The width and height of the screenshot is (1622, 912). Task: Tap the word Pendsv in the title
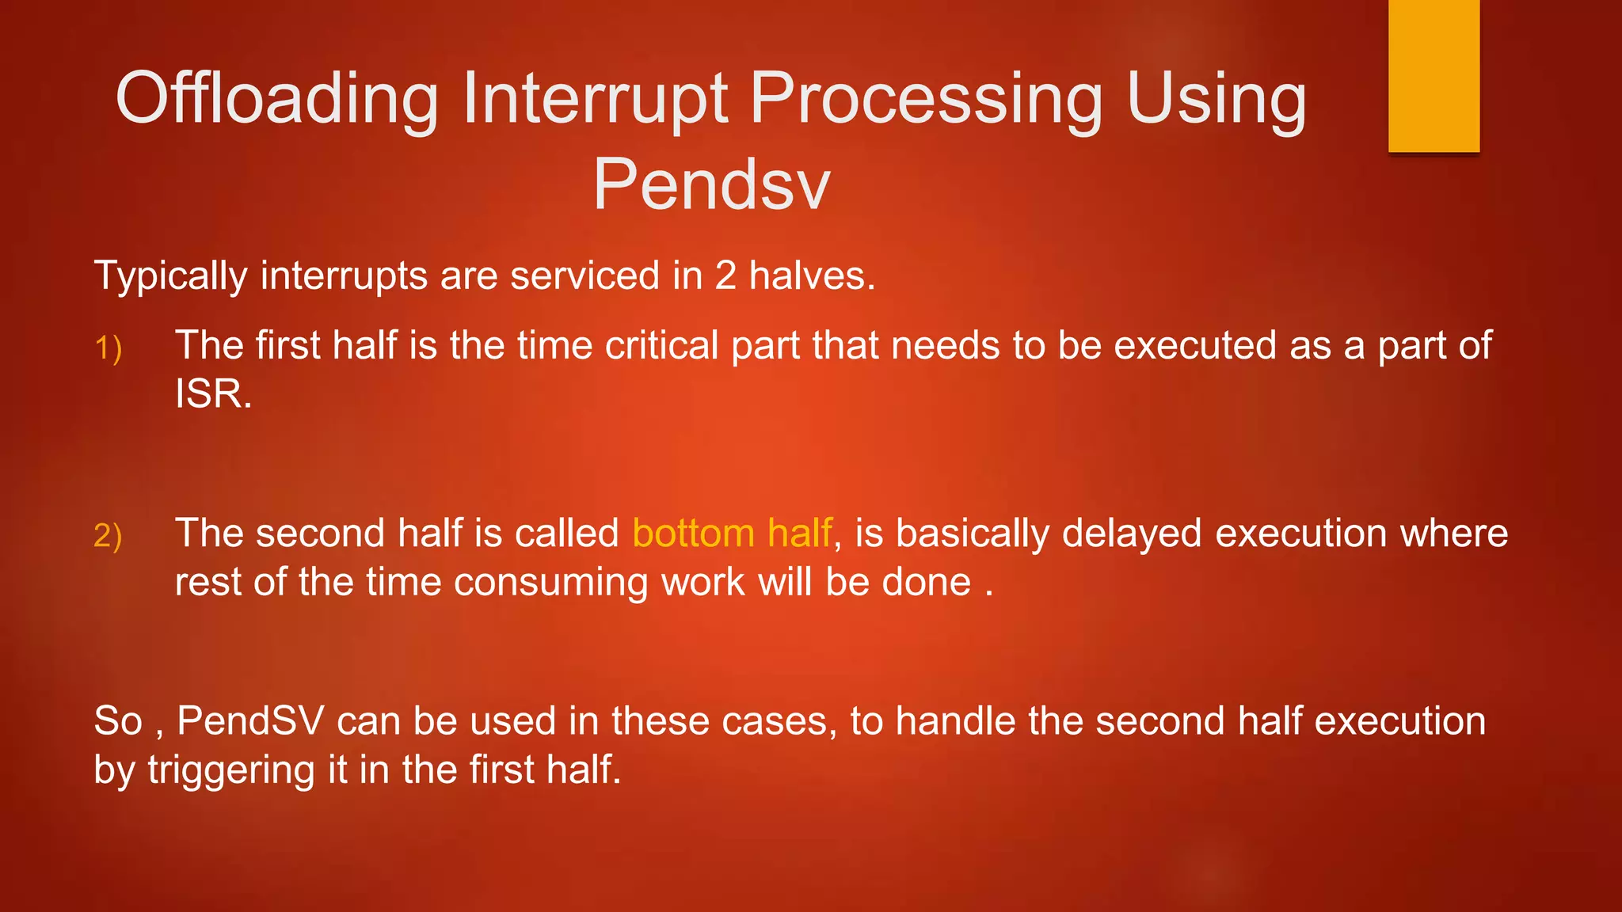711,184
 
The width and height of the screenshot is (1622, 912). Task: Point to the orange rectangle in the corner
1434,75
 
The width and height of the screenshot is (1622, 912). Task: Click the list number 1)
108,348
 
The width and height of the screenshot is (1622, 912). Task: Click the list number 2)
108,536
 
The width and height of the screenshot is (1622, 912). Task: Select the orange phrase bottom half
733,533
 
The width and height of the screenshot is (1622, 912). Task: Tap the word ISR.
212,394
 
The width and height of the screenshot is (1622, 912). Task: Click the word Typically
171,276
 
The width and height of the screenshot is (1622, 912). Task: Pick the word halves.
812,275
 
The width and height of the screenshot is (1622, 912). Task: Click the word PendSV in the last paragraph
250,721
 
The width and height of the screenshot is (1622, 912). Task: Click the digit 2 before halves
725,275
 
